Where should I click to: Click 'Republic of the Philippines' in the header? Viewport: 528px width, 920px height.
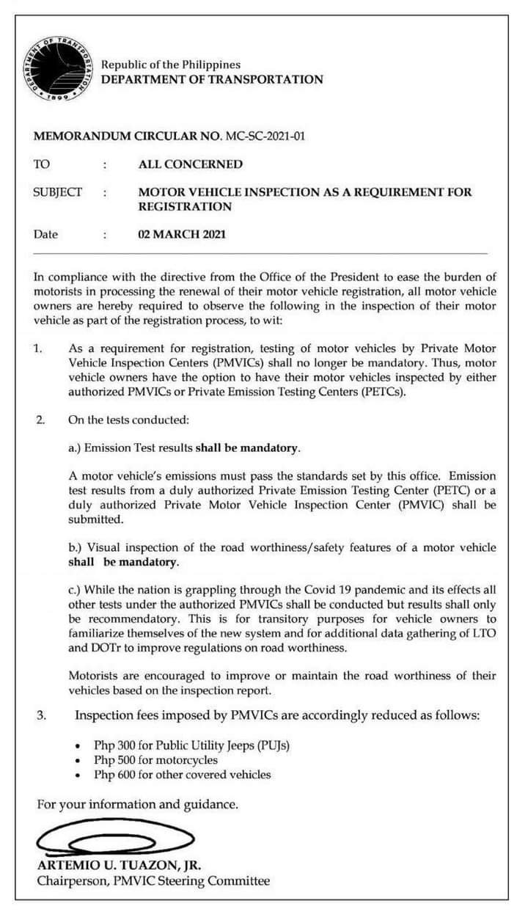click(x=171, y=65)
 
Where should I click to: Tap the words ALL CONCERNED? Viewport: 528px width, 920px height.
click(x=190, y=164)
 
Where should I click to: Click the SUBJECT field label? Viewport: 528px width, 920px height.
click(x=58, y=192)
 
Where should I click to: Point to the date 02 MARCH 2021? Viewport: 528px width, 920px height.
click(x=182, y=235)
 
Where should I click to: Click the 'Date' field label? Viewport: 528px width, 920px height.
click(x=45, y=235)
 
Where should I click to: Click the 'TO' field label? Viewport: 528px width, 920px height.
click(x=42, y=164)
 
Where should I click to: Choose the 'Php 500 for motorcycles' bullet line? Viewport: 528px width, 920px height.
click(x=155, y=760)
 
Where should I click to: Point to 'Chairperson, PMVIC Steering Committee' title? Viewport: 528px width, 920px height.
click(x=153, y=881)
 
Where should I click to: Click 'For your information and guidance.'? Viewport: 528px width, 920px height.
click(x=137, y=805)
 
